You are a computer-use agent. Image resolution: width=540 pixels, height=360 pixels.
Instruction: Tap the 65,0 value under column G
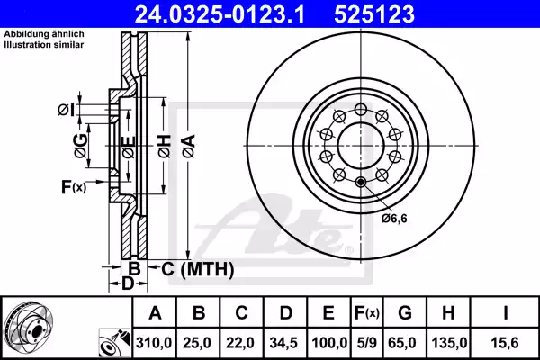405,341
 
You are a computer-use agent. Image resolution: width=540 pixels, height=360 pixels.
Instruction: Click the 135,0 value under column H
450,341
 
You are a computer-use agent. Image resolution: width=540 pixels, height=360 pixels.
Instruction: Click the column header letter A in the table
155,314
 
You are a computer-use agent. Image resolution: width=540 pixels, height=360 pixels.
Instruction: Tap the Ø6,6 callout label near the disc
393,217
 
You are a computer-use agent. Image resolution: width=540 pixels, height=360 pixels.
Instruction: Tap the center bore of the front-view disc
361,143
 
